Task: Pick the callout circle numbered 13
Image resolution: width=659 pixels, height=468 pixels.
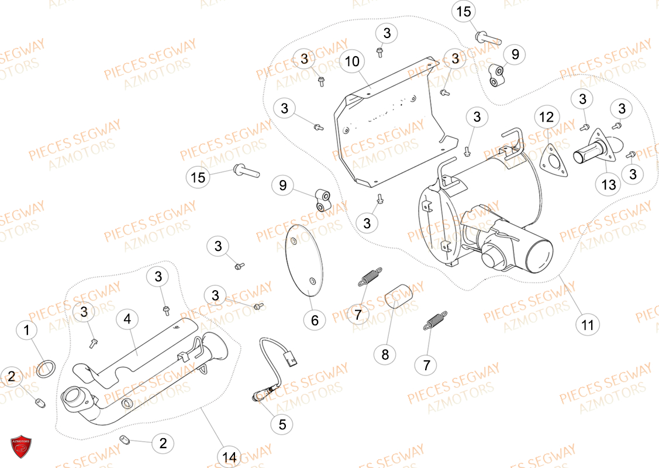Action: pyautogui.click(x=609, y=185)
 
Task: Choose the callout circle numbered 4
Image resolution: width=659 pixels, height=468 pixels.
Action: pyautogui.click(x=127, y=319)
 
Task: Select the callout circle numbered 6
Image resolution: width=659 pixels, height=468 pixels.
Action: pyautogui.click(x=315, y=320)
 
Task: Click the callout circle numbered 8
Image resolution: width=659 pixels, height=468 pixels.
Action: pyautogui.click(x=385, y=354)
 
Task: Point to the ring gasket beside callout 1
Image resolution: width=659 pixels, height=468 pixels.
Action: pyautogui.click(x=46, y=369)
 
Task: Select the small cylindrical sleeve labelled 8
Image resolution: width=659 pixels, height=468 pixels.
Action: pyautogui.click(x=399, y=293)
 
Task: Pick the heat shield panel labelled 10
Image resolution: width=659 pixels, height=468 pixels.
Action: pyautogui.click(x=389, y=129)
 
